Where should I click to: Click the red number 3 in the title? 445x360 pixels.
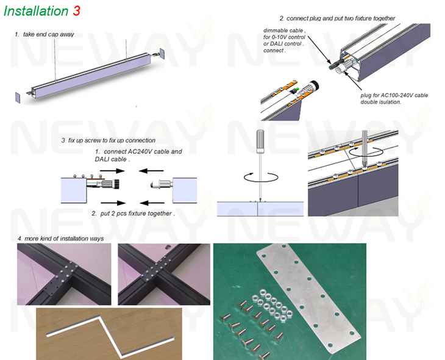76,11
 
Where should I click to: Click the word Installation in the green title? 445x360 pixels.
36,11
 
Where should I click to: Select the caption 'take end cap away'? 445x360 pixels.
48,34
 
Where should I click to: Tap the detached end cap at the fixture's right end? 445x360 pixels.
162,54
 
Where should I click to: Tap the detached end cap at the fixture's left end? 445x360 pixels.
18,98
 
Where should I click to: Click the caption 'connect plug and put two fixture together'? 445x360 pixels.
341,18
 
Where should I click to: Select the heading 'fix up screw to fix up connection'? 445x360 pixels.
112,140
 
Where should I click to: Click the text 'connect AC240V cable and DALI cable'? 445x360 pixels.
138,156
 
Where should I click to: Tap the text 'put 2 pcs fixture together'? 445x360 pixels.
136,214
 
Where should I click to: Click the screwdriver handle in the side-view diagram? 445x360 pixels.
260,142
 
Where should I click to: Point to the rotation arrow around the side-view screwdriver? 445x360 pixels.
261,177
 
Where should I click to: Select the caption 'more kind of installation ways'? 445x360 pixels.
64,239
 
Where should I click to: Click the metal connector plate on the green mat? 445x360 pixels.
308,298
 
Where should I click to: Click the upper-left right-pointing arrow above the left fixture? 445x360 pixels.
112,171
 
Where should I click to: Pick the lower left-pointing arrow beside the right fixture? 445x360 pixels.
152,203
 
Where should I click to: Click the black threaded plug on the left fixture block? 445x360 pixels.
116,184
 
